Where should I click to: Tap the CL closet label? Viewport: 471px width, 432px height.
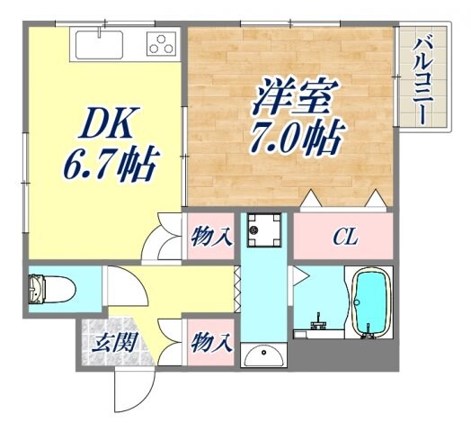[x=345, y=238]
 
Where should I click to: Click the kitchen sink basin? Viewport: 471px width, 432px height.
[x=100, y=43]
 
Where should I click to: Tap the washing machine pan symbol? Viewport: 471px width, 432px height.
[x=263, y=232]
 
